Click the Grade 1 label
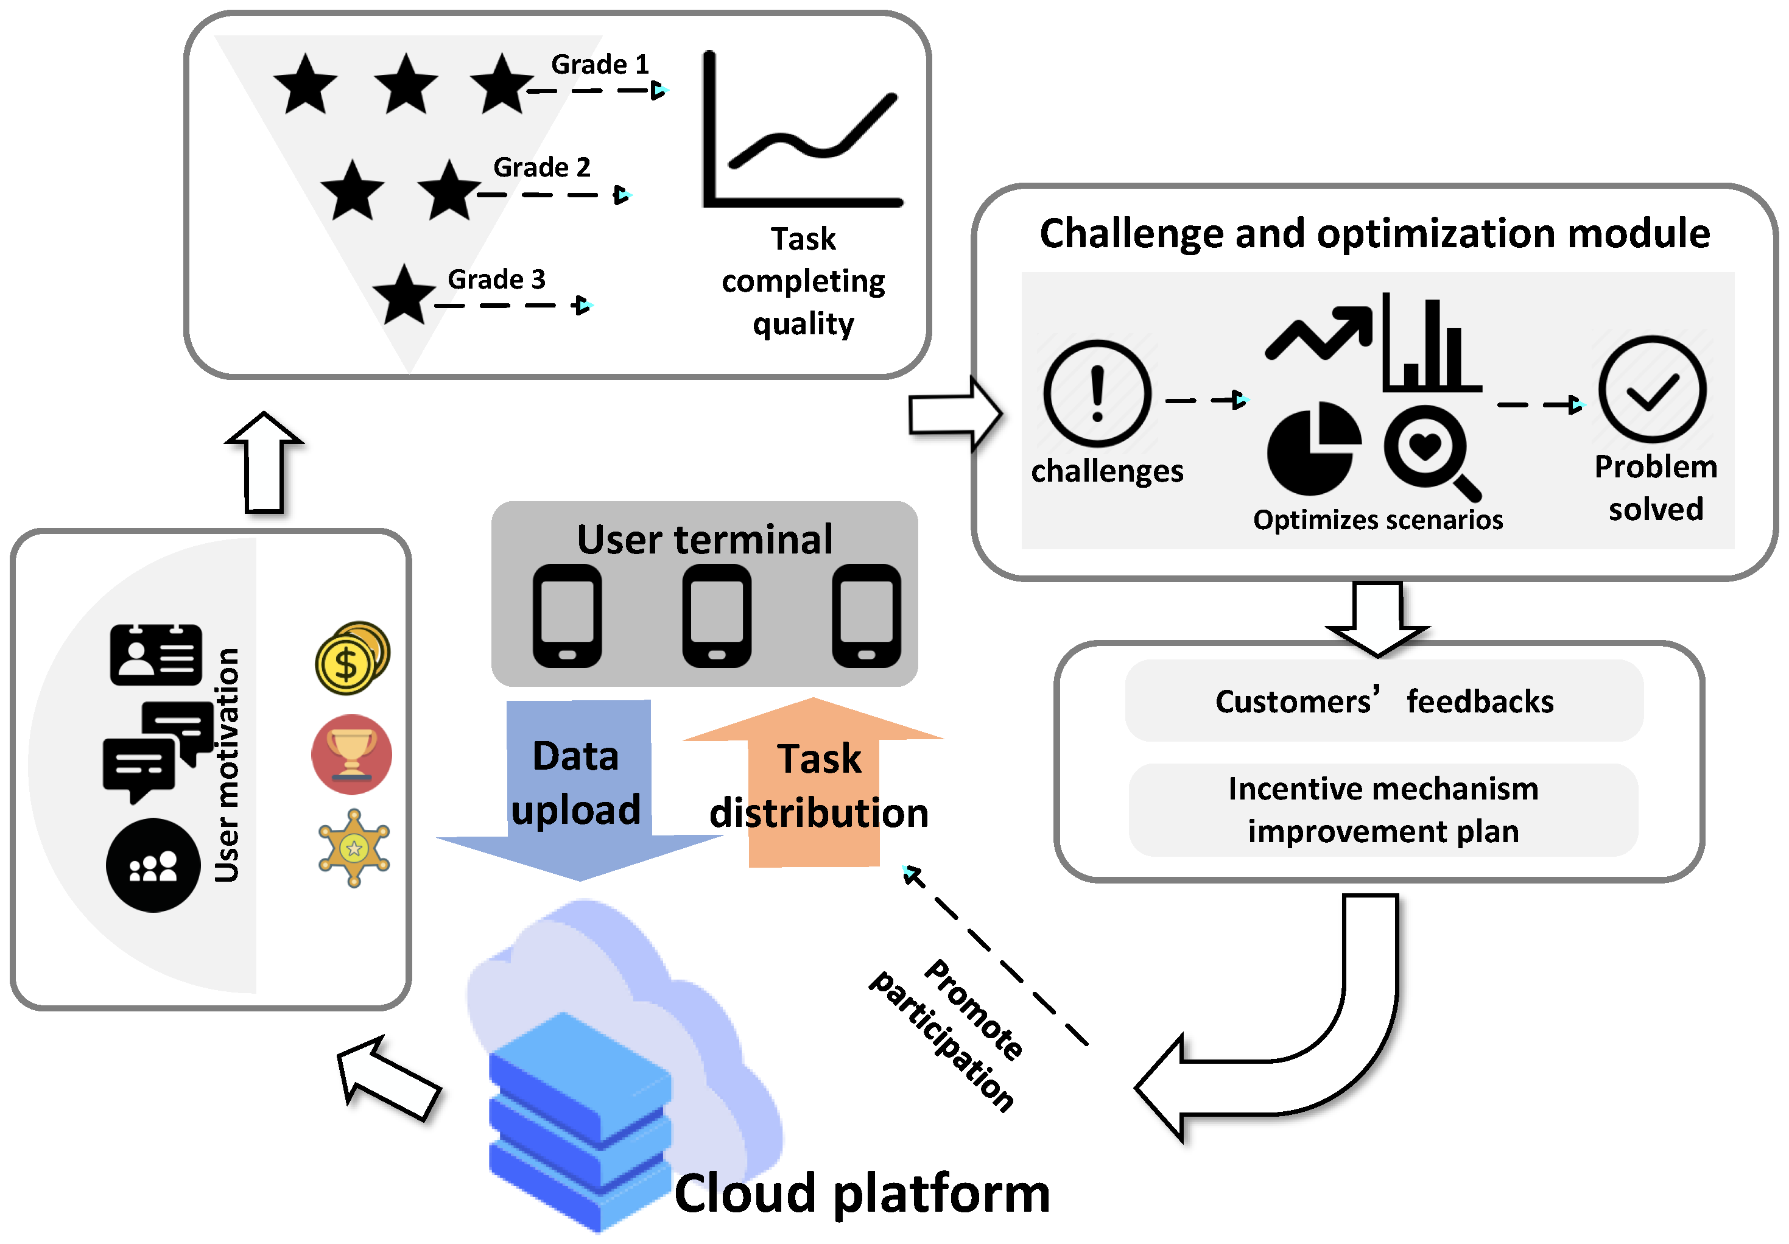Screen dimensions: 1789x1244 (x=600, y=64)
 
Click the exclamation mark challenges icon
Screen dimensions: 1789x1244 (x=1097, y=393)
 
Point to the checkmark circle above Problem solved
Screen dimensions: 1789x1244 (x=1652, y=390)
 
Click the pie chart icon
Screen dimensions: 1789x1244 (x=1313, y=449)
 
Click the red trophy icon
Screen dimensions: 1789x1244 (x=351, y=754)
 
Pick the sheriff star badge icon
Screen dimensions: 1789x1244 (x=354, y=848)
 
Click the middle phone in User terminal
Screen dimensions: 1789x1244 (x=717, y=616)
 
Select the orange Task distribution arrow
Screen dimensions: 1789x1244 (x=814, y=781)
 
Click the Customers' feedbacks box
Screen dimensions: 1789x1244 (x=1384, y=700)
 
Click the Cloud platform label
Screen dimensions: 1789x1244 (x=862, y=1193)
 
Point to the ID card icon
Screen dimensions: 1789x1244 (x=156, y=655)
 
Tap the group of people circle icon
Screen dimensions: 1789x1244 (x=153, y=865)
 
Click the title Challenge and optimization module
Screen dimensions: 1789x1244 (x=1374, y=233)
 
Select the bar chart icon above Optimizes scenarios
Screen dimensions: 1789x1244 (x=1432, y=343)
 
